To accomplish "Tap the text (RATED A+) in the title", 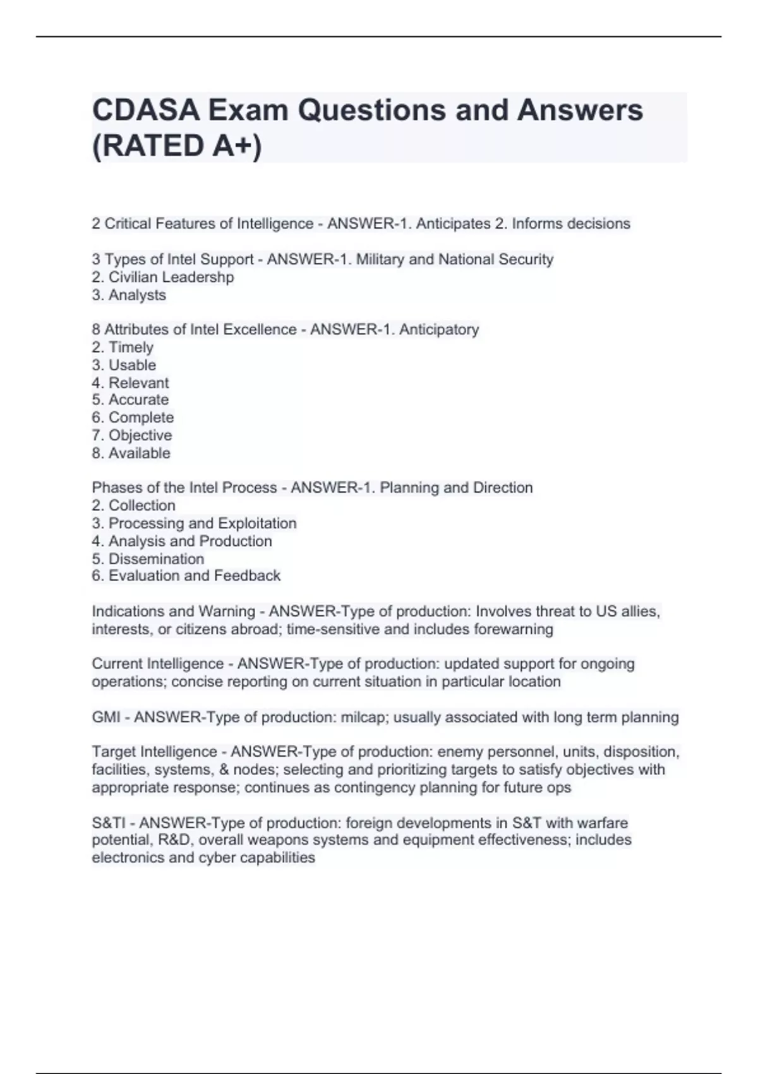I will [177, 146].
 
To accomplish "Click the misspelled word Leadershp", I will [202, 277].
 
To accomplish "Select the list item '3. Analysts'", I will [129, 295].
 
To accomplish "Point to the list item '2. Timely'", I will [123, 347].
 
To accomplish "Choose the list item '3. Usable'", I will [124, 365].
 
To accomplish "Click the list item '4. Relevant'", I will [130, 383].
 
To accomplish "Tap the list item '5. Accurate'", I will [130, 400].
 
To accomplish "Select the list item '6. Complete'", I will [133, 418].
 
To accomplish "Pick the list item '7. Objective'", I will [131, 435].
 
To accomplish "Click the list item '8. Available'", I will [131, 453].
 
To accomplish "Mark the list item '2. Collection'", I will [133, 505].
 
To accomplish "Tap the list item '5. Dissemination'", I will [148, 559].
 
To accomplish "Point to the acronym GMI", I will [106, 718].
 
